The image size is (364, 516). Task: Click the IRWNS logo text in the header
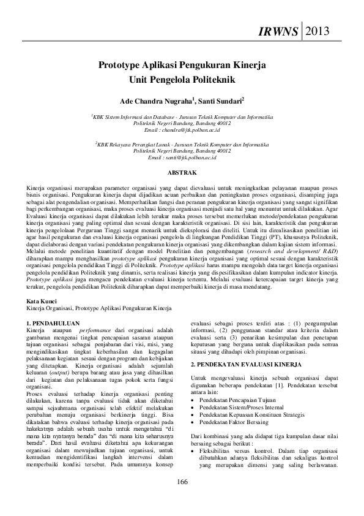(279, 31)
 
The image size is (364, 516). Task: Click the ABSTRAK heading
(182, 173)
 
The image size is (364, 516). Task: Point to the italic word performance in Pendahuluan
(95, 330)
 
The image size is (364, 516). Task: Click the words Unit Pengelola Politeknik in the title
(182, 79)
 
